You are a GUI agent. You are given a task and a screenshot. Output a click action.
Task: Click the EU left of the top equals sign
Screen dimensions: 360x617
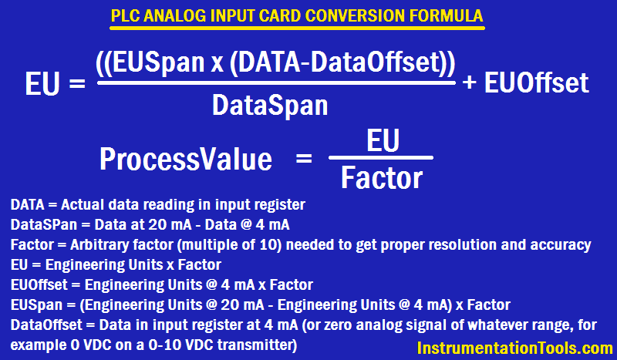44,82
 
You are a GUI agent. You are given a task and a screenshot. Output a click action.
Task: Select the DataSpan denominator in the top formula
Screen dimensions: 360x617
269,105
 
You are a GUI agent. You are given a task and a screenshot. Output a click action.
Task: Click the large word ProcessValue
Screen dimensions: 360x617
185,160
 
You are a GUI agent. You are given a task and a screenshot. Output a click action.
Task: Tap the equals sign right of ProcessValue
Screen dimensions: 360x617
303,160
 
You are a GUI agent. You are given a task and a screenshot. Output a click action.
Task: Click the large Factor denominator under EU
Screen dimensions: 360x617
382,178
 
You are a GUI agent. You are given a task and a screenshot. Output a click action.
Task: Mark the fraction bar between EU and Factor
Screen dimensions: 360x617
382,158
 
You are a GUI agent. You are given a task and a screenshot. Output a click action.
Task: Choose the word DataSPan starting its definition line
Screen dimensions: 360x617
39,225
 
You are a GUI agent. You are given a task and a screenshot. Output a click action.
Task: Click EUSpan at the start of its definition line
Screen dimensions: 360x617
29,304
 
